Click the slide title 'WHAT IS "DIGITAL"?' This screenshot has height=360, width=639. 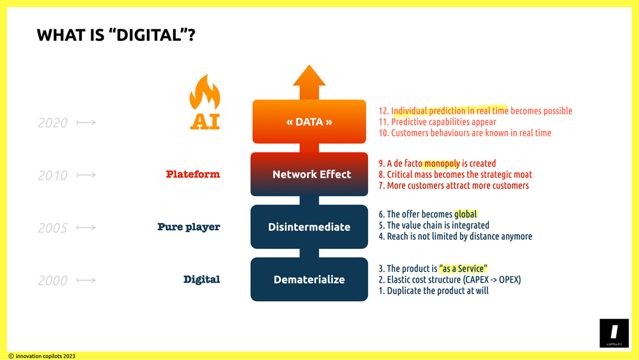click(116, 35)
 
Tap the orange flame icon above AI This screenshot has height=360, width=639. click(204, 94)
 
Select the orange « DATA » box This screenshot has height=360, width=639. click(309, 121)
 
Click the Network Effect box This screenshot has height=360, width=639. click(309, 174)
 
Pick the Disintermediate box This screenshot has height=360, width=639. click(309, 226)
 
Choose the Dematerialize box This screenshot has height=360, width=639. click(309, 279)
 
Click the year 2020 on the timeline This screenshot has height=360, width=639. click(52, 122)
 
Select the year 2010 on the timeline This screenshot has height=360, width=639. click(52, 175)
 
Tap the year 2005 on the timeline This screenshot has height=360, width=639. click(52, 228)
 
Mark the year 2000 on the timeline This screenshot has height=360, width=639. click(52, 280)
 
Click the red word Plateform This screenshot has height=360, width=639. click(192, 174)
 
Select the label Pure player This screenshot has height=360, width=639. click(189, 226)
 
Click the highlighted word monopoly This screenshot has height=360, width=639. click(442, 164)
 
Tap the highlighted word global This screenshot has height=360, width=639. click(465, 214)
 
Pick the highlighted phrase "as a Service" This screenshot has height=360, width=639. click(463, 269)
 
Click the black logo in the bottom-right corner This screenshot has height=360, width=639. click(613, 334)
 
